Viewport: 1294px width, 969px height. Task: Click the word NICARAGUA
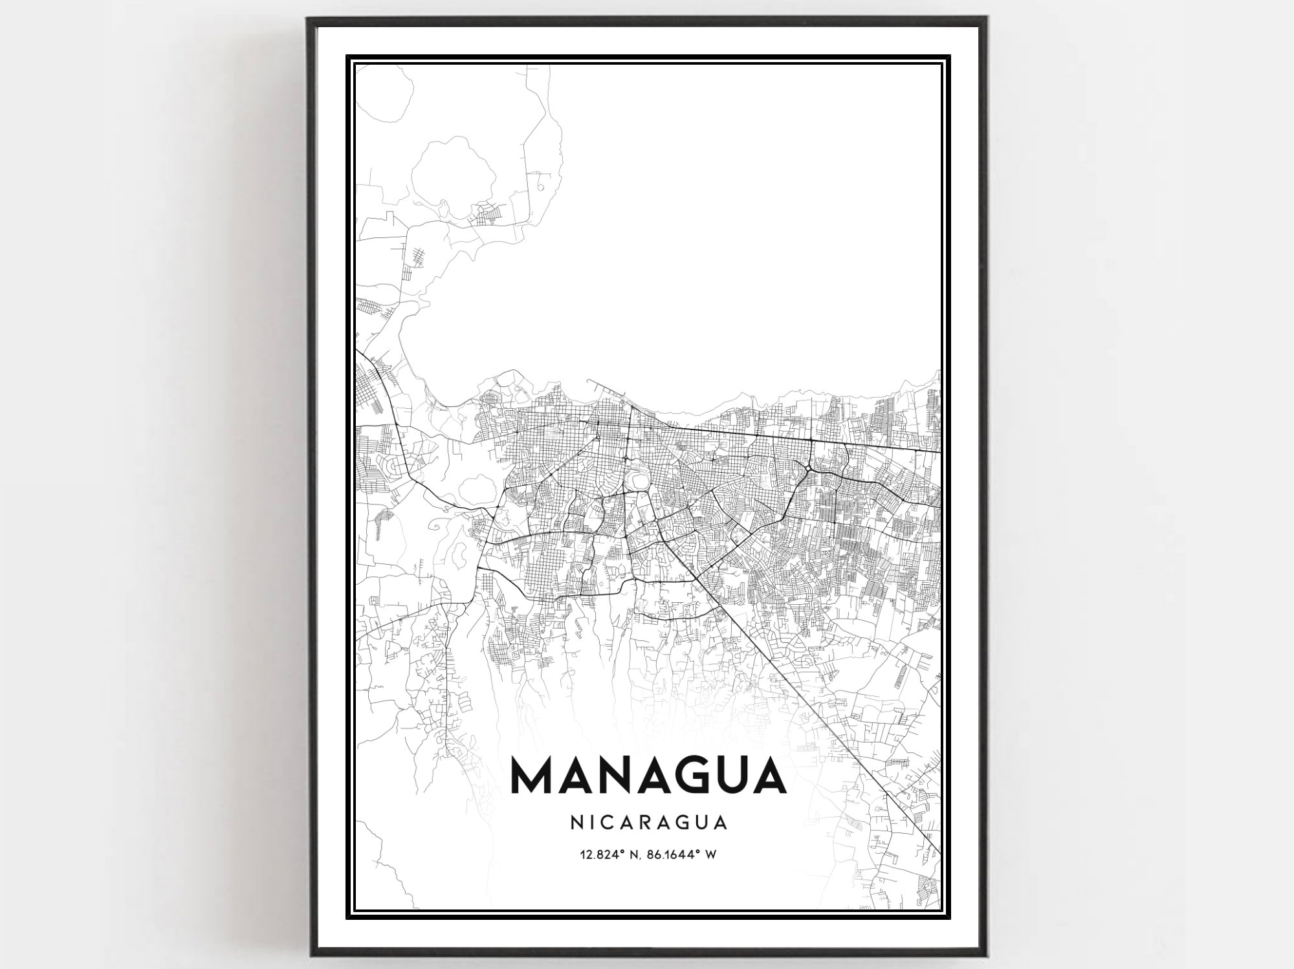click(648, 822)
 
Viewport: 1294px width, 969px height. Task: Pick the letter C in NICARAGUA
click(613, 822)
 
